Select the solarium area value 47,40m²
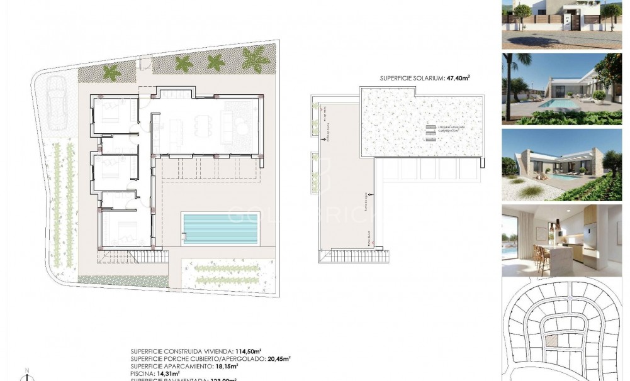coord(458,79)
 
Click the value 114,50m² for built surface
coord(249,351)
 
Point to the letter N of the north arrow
coord(26,370)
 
